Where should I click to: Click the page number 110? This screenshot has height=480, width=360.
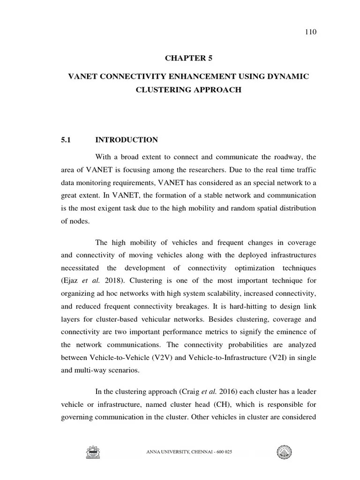(x=298, y=32)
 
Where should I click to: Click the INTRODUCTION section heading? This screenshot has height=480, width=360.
(x=127, y=140)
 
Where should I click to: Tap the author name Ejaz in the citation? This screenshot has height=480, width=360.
(x=72, y=281)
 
